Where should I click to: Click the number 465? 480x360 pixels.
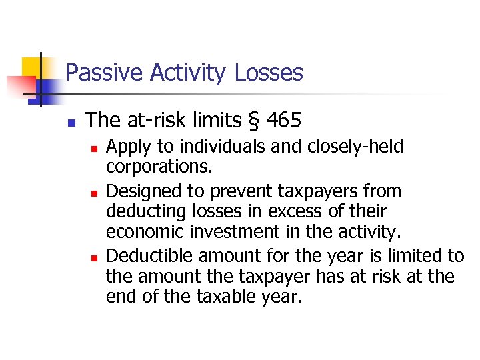(x=284, y=121)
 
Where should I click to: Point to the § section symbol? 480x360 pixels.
(x=253, y=121)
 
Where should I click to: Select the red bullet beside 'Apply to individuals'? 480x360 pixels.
(x=93, y=147)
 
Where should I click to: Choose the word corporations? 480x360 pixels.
(x=148, y=167)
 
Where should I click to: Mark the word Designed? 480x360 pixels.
(x=139, y=191)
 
